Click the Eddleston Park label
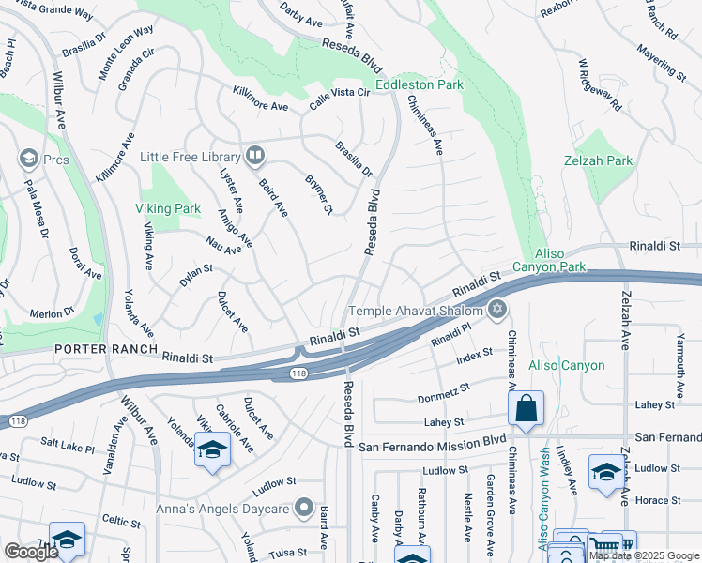(420, 85)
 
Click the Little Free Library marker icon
(254, 156)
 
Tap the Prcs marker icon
(27, 158)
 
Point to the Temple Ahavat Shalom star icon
(497, 311)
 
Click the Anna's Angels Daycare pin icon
(303, 509)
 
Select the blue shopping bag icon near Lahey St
(526, 408)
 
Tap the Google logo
(31, 551)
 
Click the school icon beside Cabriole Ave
(213, 449)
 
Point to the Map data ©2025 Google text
(644, 555)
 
